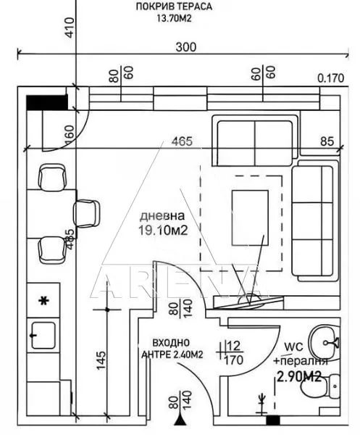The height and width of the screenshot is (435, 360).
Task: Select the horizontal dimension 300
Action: (186, 47)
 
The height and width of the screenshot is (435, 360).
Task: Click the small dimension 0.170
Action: (330, 79)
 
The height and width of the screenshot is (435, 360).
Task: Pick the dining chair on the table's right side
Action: (87, 212)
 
